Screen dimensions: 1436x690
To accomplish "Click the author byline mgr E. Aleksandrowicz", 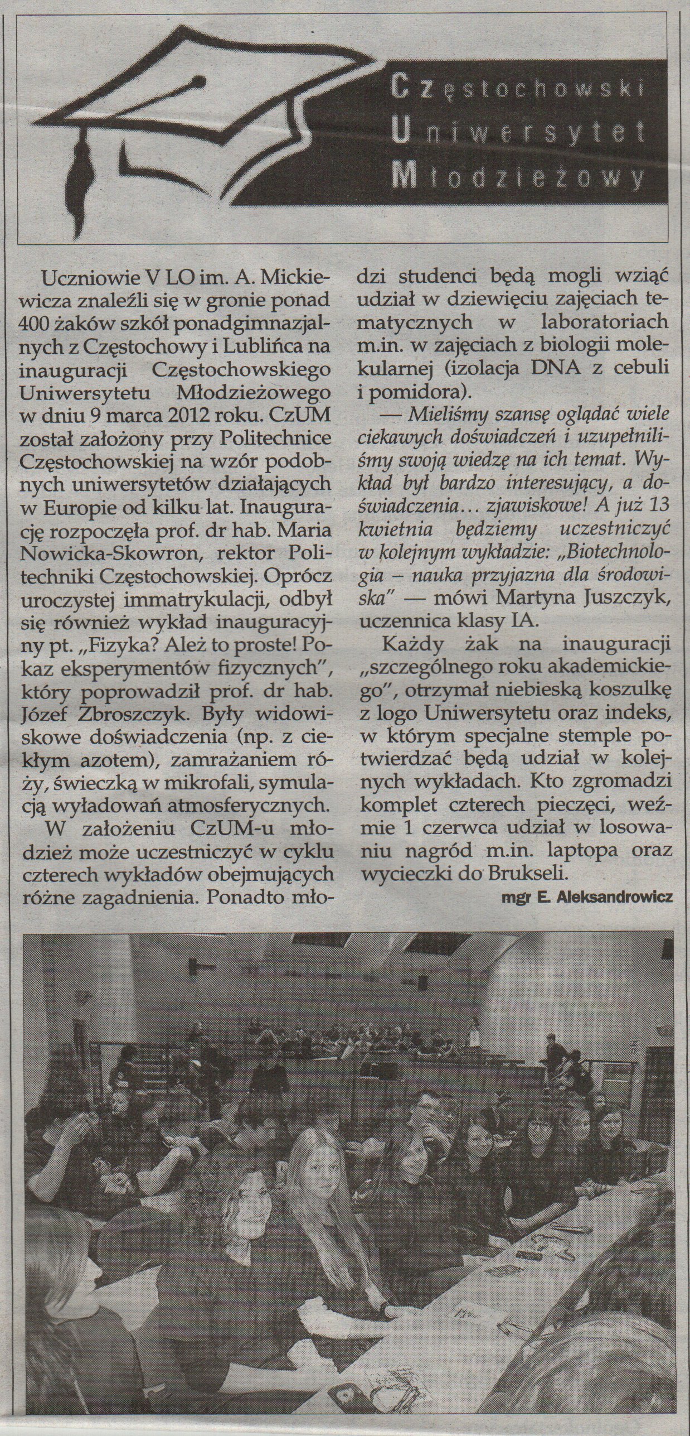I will pyautogui.click(x=587, y=897).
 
